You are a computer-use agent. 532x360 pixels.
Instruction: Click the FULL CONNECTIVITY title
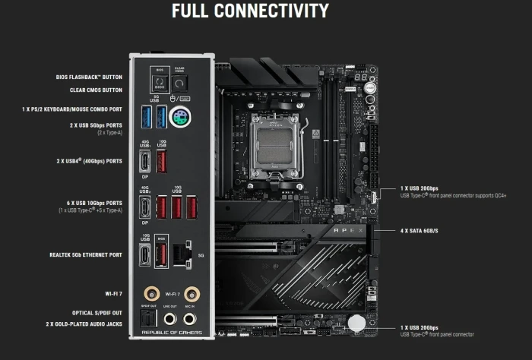coord(250,11)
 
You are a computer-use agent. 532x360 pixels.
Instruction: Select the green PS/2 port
coord(179,118)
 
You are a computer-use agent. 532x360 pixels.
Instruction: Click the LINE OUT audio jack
coord(169,321)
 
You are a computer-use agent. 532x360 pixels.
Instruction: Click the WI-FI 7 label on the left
coord(113,292)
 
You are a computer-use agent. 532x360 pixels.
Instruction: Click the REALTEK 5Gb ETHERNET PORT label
coord(84,255)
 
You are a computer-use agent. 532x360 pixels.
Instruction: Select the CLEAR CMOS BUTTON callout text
coord(95,90)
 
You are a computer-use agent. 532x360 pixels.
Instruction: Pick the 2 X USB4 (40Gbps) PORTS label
coord(89,161)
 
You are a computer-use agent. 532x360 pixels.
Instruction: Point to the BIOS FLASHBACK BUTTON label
coord(90,77)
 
